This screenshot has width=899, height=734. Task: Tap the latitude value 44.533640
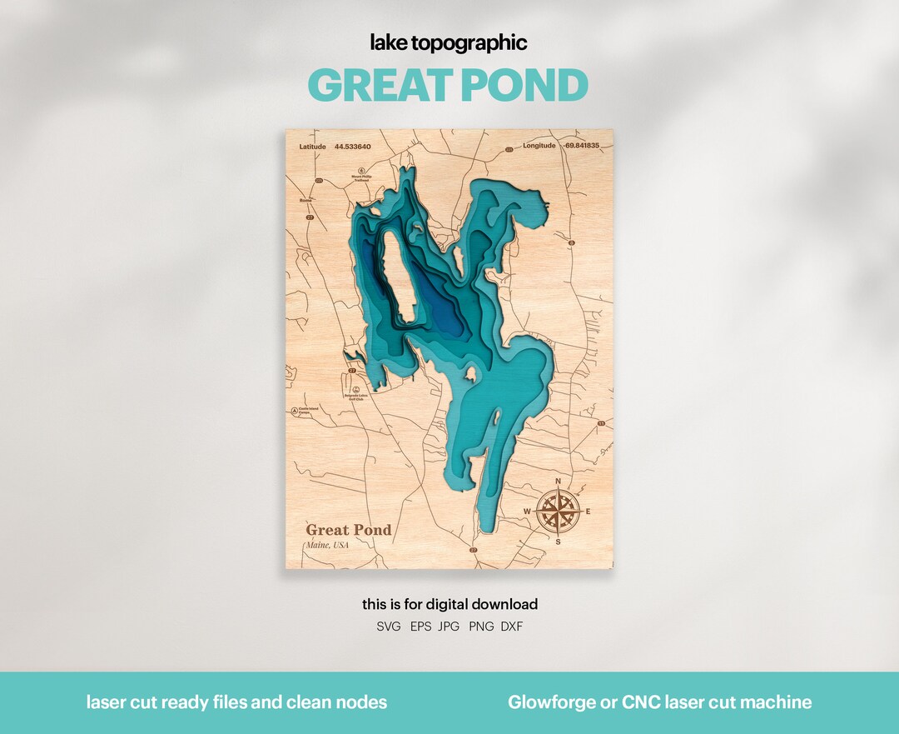pyautogui.click(x=353, y=146)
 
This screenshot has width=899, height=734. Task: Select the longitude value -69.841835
pyautogui.click(x=582, y=146)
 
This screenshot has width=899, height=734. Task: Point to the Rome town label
pyautogui.click(x=305, y=200)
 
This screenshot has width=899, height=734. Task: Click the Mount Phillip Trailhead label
pyautogui.click(x=361, y=178)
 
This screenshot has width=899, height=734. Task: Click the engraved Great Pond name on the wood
pyautogui.click(x=348, y=530)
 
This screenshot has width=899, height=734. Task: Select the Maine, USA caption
pyautogui.click(x=327, y=545)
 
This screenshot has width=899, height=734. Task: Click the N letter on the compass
pyautogui.click(x=559, y=482)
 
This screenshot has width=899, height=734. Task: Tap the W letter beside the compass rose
pyautogui.click(x=527, y=512)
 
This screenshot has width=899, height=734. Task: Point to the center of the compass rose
pyautogui.click(x=558, y=512)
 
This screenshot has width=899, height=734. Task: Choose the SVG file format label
pyautogui.click(x=388, y=627)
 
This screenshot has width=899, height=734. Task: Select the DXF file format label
pyautogui.click(x=512, y=627)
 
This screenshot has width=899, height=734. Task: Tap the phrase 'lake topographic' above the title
pyautogui.click(x=449, y=43)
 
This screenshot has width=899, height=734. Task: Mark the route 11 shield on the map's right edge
pyautogui.click(x=600, y=424)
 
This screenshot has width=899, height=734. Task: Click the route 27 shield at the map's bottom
pyautogui.click(x=474, y=551)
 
